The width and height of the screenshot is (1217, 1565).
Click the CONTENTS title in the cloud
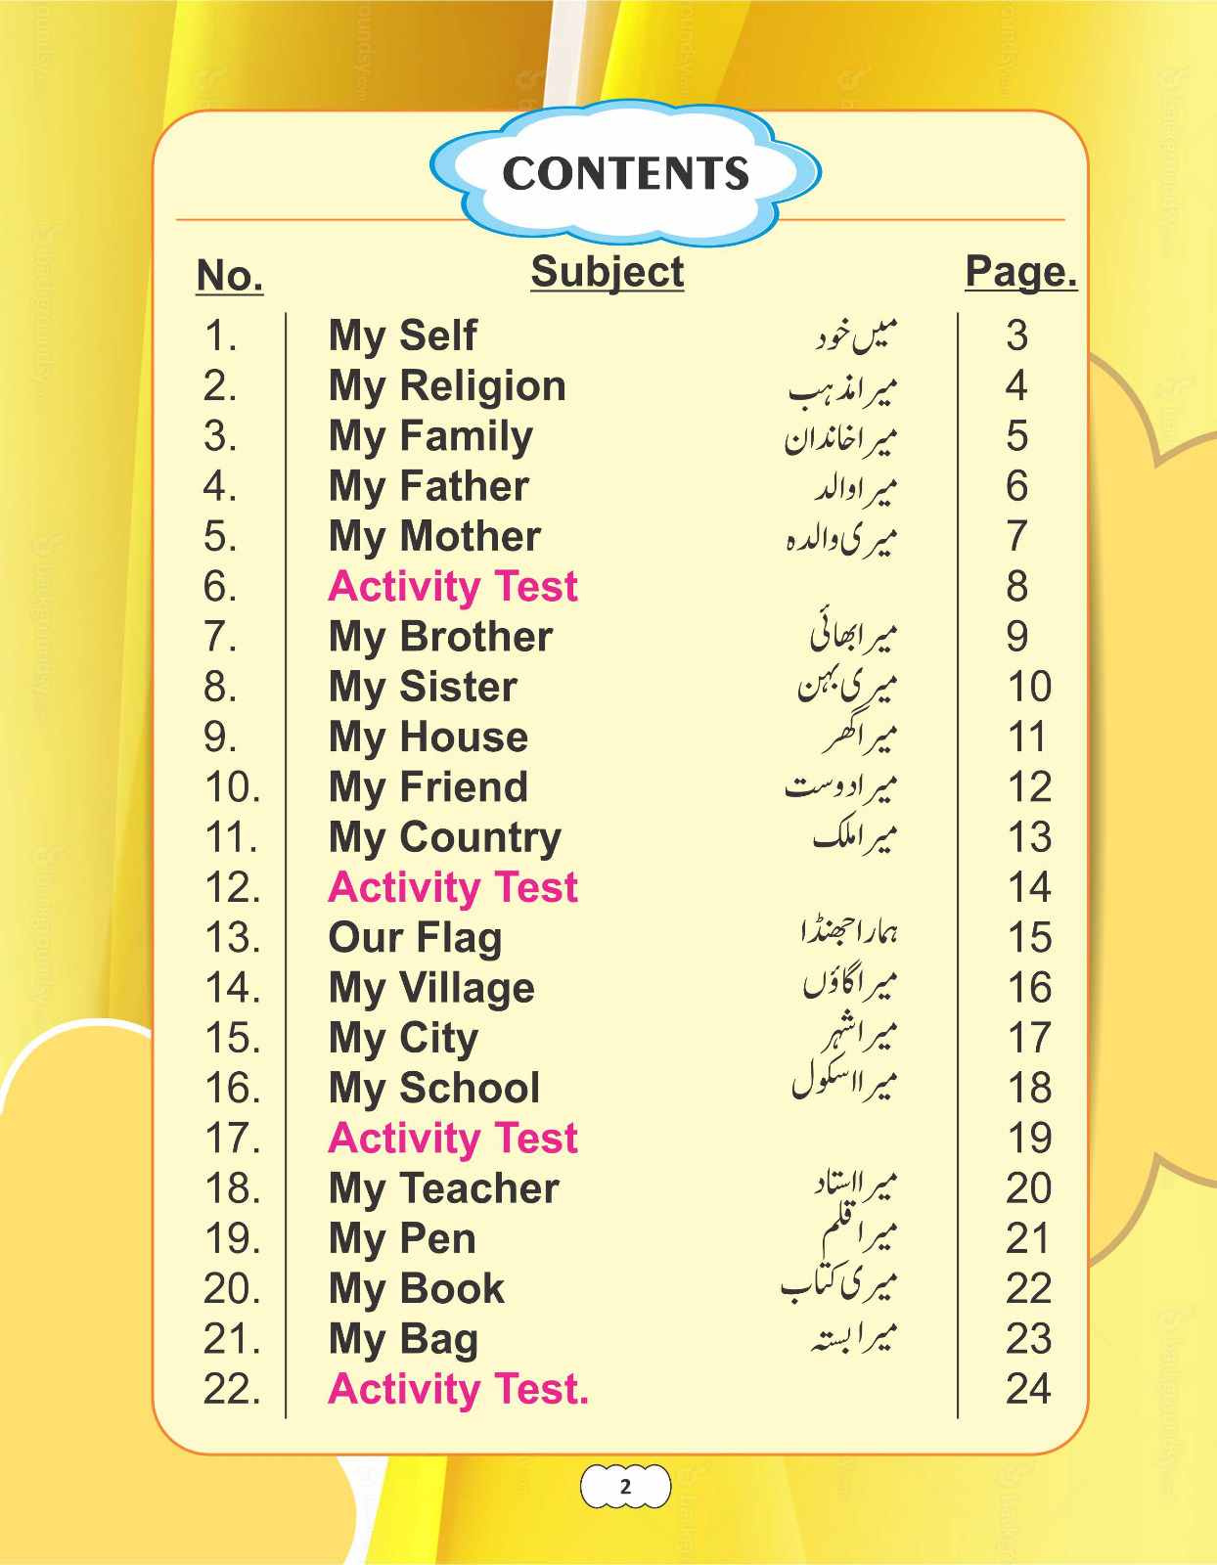(625, 174)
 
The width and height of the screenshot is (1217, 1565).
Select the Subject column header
(607, 272)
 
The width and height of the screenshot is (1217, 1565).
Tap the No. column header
(230, 276)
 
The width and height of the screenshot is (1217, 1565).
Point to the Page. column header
(1020, 272)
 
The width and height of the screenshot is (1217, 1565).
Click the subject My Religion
(447, 386)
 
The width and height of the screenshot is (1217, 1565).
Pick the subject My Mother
(434, 536)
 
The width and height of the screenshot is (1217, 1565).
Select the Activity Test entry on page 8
(453, 587)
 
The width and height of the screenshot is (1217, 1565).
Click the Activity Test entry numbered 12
(453, 887)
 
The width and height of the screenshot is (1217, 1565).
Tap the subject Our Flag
(415, 938)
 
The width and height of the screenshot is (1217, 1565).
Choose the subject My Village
(431, 988)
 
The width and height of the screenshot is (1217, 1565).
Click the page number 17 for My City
(1029, 1038)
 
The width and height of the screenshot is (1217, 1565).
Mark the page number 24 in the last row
(1028, 1389)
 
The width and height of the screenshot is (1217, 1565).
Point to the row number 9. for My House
(220, 738)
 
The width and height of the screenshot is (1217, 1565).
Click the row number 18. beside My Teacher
(232, 1188)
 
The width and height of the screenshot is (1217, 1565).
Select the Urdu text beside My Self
(856, 335)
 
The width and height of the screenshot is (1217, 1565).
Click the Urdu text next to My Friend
(840, 786)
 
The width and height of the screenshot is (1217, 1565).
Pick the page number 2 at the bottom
(625, 1488)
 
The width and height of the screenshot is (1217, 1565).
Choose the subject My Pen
(402, 1239)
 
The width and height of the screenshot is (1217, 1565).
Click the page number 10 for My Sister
(1029, 687)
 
